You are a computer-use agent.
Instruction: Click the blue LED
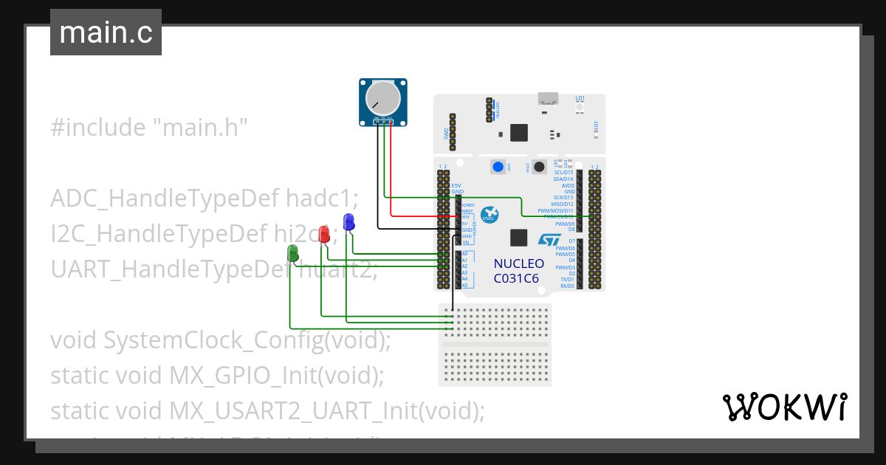pos(349,221)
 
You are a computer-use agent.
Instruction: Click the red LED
pos(323,234)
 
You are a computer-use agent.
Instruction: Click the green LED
pos(293,253)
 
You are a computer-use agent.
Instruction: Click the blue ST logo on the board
pos(549,241)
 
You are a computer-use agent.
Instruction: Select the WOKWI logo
pos(784,407)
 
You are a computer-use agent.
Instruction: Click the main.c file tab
pos(106,33)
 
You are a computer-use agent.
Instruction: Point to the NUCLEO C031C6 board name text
pos(518,271)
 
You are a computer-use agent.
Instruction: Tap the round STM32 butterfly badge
pos(490,214)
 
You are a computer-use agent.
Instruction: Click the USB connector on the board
pos(549,97)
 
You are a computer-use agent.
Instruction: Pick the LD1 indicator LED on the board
pos(580,107)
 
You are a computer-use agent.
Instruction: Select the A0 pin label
pos(464,254)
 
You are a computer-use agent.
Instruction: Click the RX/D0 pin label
pos(567,286)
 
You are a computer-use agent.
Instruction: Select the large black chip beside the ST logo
pos(519,238)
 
